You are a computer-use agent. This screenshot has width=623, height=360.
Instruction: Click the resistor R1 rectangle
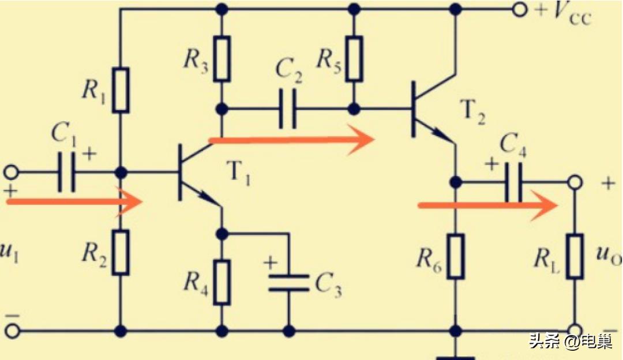[121, 90]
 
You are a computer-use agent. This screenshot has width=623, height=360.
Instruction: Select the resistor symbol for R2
[121, 252]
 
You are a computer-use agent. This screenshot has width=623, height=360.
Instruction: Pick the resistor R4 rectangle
[222, 282]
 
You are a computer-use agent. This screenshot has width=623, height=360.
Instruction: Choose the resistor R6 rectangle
[456, 254]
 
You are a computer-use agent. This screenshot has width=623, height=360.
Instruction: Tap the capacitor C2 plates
[287, 108]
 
